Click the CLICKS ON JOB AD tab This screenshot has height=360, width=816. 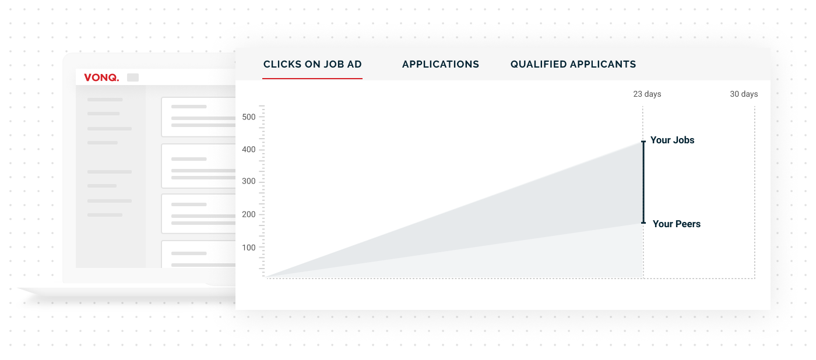point(312,65)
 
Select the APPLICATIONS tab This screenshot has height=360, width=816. point(441,65)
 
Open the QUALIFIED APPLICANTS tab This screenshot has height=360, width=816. point(573,65)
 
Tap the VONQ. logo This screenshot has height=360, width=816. point(101,77)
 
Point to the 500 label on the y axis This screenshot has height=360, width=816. point(249,117)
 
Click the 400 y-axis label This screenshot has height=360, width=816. point(249,149)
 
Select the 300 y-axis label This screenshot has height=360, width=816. point(249,181)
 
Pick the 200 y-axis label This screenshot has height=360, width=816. point(249,214)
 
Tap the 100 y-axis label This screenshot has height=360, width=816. point(249,248)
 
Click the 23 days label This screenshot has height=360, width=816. point(647,94)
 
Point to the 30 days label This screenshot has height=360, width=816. point(744,94)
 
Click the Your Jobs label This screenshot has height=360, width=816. point(673,140)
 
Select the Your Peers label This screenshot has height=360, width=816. point(677,224)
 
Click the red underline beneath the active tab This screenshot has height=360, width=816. point(312,78)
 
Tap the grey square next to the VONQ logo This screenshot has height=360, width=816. point(133,77)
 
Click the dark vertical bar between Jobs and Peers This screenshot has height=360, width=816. point(643,182)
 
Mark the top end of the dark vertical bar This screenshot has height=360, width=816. point(643,141)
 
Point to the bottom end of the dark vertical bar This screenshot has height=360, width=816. point(643,223)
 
